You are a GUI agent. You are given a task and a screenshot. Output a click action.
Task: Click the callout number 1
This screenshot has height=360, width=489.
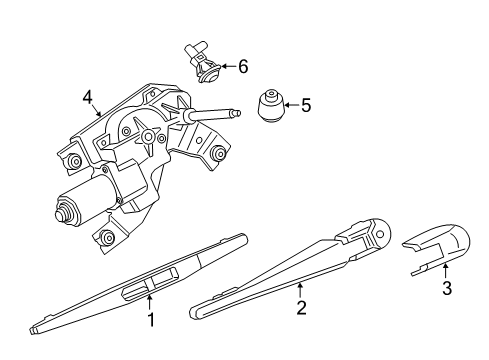151,321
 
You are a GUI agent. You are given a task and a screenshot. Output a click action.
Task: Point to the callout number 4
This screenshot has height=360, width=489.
88,98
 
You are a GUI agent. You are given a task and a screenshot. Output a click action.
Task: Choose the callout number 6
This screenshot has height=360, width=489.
242,67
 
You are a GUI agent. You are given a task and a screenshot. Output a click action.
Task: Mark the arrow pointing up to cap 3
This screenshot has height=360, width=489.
447,271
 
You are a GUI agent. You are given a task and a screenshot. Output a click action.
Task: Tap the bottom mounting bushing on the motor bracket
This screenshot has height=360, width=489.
104,239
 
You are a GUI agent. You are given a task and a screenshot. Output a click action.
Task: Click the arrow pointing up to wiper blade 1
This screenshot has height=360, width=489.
151,301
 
